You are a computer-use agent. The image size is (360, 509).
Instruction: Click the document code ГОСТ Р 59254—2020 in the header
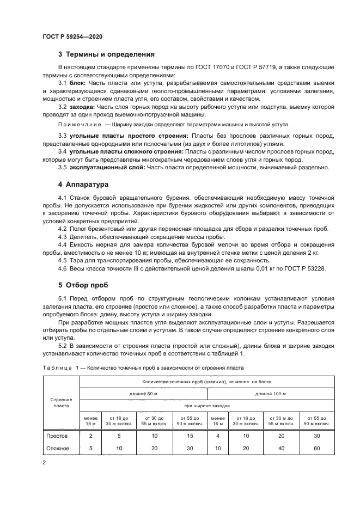[x=72, y=36]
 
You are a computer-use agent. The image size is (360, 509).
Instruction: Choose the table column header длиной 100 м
[x=270, y=393]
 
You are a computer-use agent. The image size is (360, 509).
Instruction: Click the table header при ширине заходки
[x=206, y=406]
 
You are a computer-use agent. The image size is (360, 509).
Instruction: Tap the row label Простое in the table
[x=57, y=437]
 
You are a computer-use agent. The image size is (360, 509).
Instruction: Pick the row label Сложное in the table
[x=58, y=448]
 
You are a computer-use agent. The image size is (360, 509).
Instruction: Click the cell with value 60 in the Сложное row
[x=316, y=448]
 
